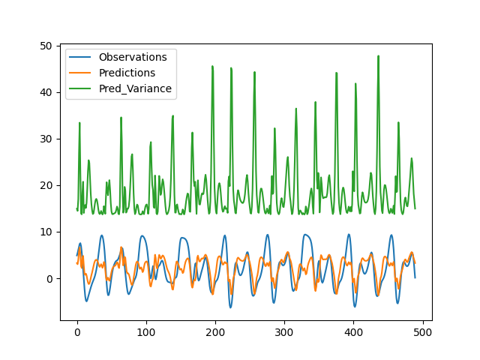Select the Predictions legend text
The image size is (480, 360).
pyautogui.click(x=127, y=73)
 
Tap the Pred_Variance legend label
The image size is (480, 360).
pyautogui.click(x=135, y=88)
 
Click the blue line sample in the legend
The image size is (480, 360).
pyautogui.click(x=80, y=57)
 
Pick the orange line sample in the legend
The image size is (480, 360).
pyautogui.click(x=80, y=73)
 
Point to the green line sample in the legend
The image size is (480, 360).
pyautogui.click(x=80, y=88)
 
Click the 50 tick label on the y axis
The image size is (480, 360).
pyautogui.click(x=46, y=46)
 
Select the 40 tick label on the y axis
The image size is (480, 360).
pyautogui.click(x=46, y=92)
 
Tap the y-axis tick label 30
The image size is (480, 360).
pyautogui.click(x=46, y=139)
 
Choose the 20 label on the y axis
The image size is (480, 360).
pyautogui.click(x=46, y=185)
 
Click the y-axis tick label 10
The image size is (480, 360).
pyautogui.click(x=46, y=232)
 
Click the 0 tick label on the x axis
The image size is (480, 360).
pyautogui.click(x=77, y=332)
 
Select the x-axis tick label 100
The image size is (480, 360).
pyautogui.click(x=146, y=332)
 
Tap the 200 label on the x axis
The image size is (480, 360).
pyautogui.click(x=215, y=332)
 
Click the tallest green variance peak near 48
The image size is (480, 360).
pyautogui.click(x=378, y=56)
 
